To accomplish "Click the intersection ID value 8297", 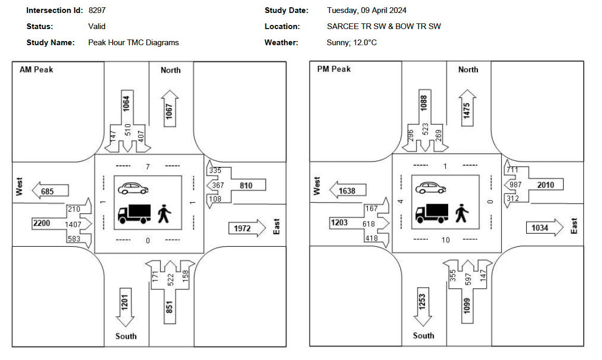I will pyautogui.click(x=97, y=10).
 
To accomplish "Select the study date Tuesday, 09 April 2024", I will pyautogui.click(x=366, y=10).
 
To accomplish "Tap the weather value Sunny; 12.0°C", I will pyautogui.click(x=352, y=43).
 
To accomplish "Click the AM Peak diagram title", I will pyautogui.click(x=36, y=70).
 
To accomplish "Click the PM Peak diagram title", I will pyautogui.click(x=334, y=69).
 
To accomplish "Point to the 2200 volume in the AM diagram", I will pyautogui.click(x=42, y=223).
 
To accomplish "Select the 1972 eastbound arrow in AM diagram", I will pyautogui.click(x=246, y=229).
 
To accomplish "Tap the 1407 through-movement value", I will pyautogui.click(x=73, y=224).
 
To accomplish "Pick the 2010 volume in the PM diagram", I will pyautogui.click(x=545, y=185).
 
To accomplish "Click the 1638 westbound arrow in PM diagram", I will pyautogui.click(x=348, y=191).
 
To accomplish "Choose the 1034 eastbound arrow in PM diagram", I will pyautogui.click(x=544, y=228).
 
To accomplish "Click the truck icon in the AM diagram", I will pyautogui.click(x=134, y=213).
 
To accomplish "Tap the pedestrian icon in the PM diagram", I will pyautogui.click(x=461, y=213).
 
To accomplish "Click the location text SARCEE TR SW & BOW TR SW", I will pyautogui.click(x=383, y=26).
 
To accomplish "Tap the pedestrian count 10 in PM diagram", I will pyautogui.click(x=446, y=240).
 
